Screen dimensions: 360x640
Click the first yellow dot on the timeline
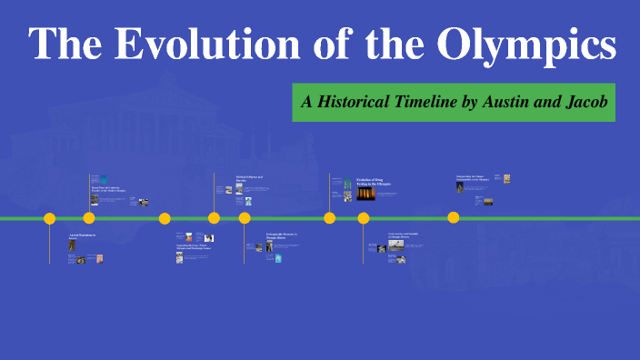click(x=50, y=218)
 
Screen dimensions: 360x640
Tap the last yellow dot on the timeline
click(x=454, y=217)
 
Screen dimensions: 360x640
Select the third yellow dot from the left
click(x=165, y=218)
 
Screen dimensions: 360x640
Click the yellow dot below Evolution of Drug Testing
click(x=330, y=218)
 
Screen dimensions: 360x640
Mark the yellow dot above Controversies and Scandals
click(x=364, y=218)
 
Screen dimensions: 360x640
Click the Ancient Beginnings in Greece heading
click(x=82, y=237)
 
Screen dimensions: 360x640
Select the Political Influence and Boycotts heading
click(x=248, y=179)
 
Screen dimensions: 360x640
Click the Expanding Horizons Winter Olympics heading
click(x=195, y=246)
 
